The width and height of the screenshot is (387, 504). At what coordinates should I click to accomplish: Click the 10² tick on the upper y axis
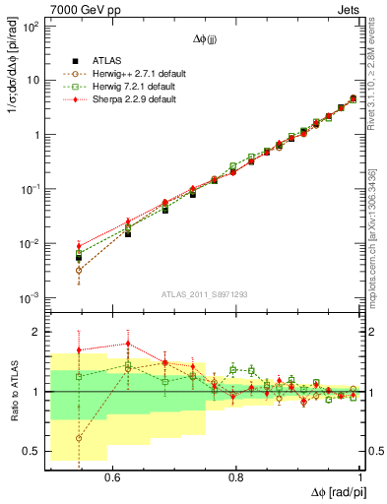(32, 27)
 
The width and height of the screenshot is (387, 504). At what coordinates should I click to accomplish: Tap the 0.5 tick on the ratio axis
(33, 451)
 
